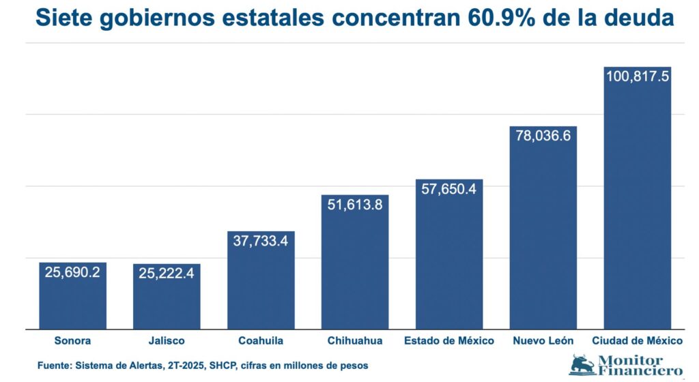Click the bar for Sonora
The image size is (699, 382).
click(x=72, y=300)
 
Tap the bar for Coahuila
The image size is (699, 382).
click(x=261, y=286)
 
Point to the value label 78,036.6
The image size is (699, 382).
click(x=543, y=135)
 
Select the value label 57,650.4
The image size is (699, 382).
click(x=449, y=189)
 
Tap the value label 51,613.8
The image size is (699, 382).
click(x=355, y=204)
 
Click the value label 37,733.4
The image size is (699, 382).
click(x=261, y=240)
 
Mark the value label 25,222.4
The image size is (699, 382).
click(x=167, y=274)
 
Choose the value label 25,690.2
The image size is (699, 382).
click(x=72, y=272)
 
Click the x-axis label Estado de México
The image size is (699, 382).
click(x=449, y=340)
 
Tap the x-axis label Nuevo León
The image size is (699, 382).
click(x=543, y=340)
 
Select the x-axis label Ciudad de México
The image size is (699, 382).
click(x=638, y=340)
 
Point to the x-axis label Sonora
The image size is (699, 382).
click(x=72, y=340)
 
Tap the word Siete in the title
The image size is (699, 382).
click(x=64, y=18)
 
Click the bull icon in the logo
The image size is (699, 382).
click(x=582, y=365)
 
